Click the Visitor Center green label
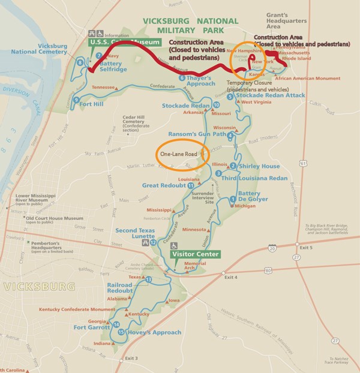(x=190, y=253)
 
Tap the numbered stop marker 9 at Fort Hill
(x=77, y=100)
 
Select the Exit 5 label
(x=306, y=248)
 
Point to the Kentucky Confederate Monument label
(x=77, y=309)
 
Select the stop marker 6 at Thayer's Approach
(x=181, y=78)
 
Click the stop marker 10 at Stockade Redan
(x=216, y=105)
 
